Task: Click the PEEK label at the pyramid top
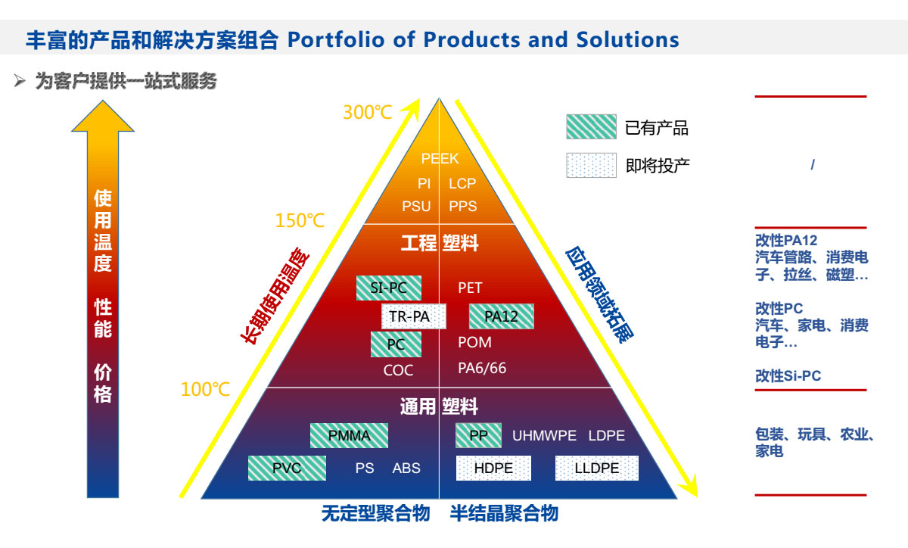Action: (x=440, y=158)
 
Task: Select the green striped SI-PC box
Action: (x=389, y=288)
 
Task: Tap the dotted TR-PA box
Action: (x=413, y=316)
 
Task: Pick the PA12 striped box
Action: (x=502, y=316)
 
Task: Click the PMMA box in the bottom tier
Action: (x=349, y=436)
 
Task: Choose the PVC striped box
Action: (x=287, y=468)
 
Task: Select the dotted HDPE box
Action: (x=493, y=468)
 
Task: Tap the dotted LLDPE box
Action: (x=597, y=468)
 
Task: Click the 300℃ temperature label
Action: (x=368, y=112)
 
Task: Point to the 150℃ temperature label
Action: (x=300, y=221)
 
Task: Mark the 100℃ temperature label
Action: (x=205, y=389)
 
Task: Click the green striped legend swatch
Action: (x=592, y=127)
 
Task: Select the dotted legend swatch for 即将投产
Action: (x=592, y=165)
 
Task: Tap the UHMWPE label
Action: (x=544, y=436)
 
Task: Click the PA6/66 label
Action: (x=482, y=369)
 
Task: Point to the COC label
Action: (x=398, y=370)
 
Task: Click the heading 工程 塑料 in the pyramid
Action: (x=440, y=243)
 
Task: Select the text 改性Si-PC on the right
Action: (x=788, y=376)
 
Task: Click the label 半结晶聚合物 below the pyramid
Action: (x=504, y=513)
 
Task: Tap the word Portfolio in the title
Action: (x=336, y=40)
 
